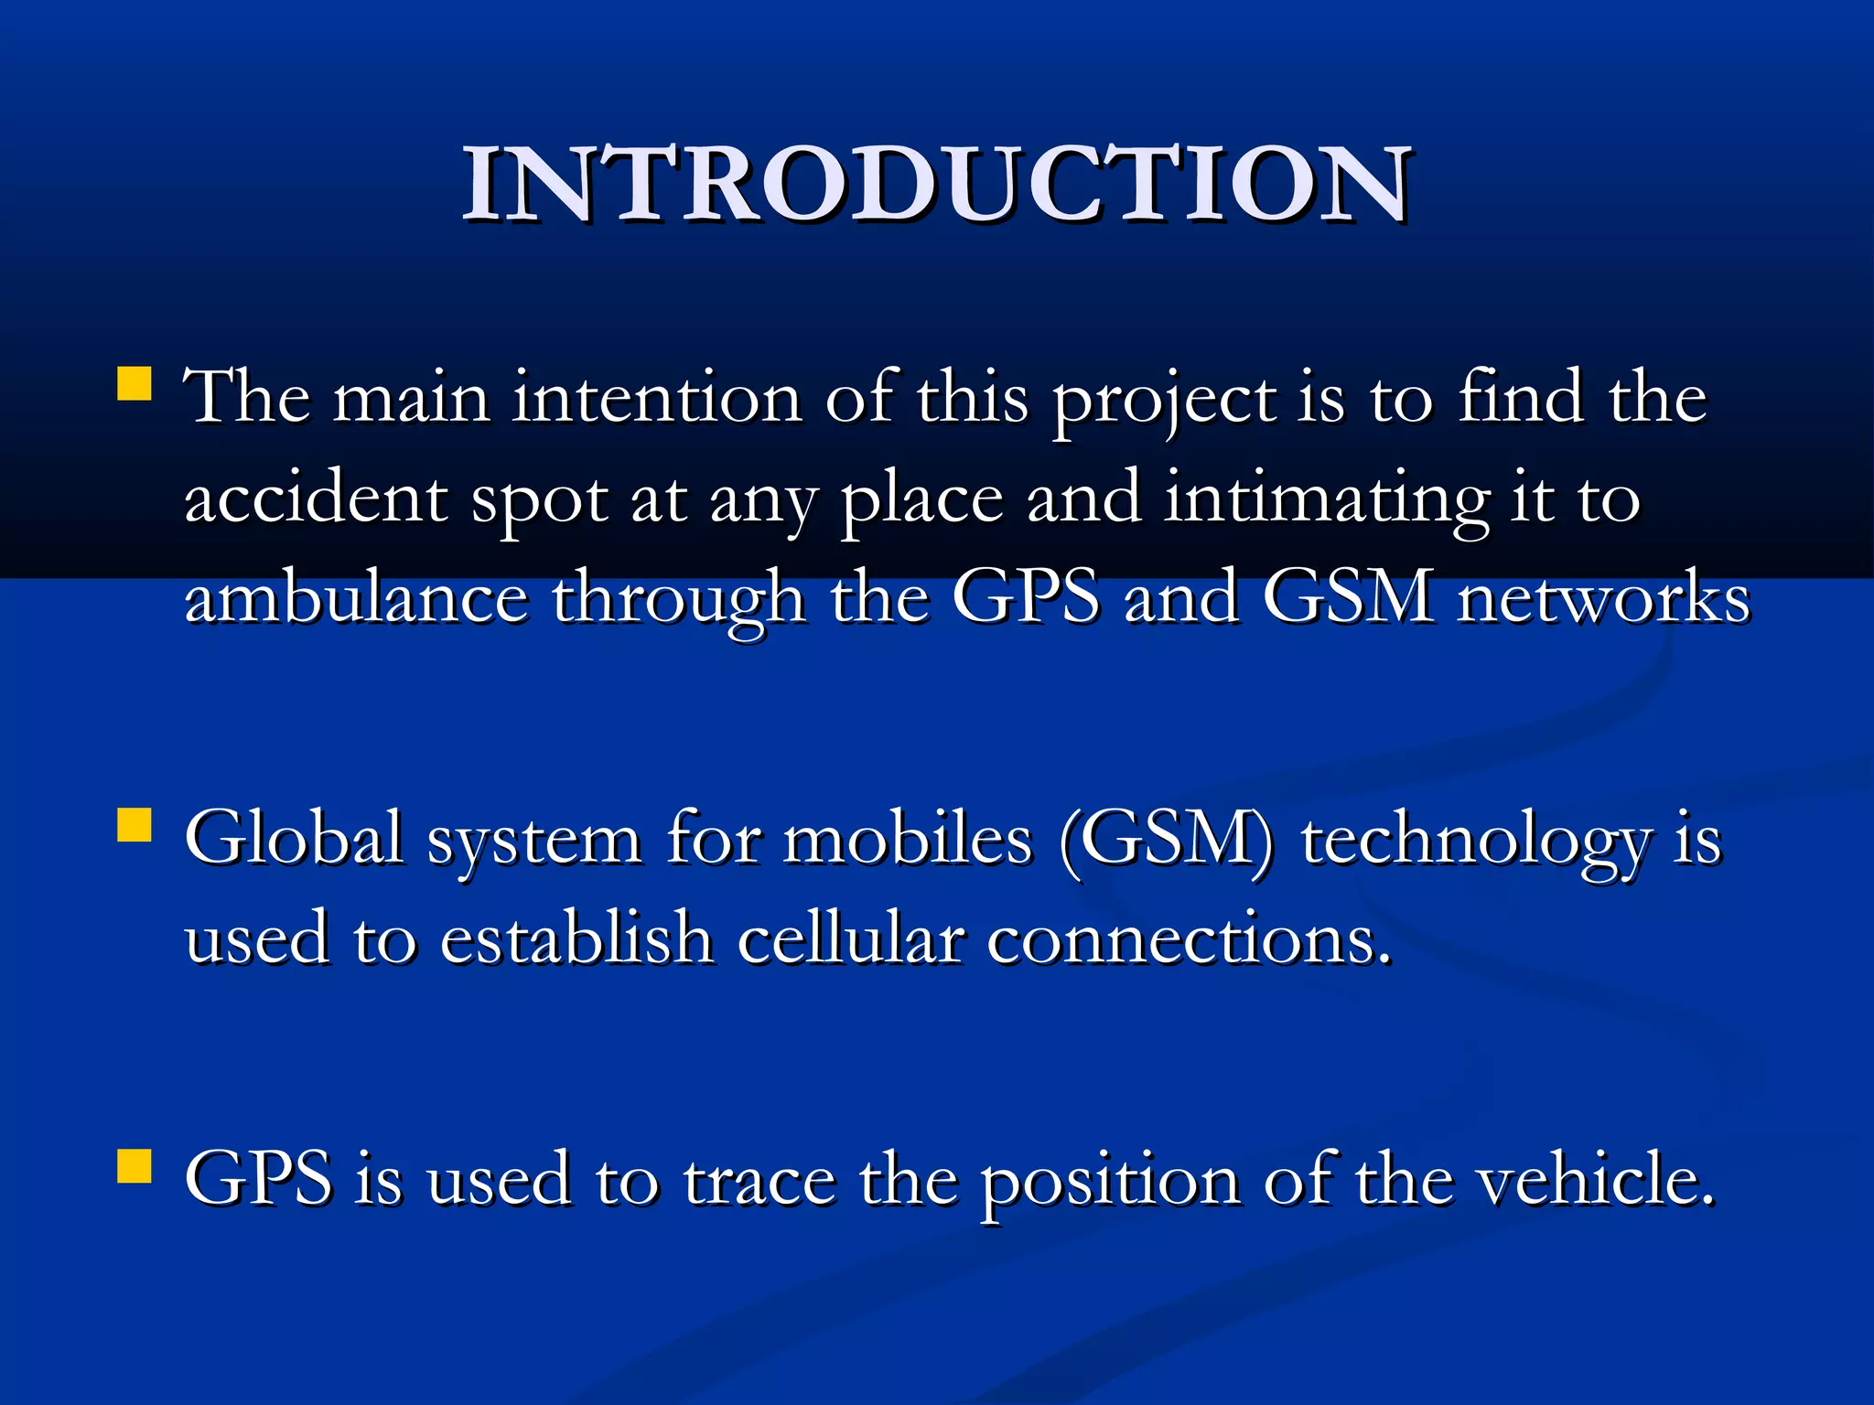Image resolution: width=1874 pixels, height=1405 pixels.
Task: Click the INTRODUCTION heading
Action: [937, 185]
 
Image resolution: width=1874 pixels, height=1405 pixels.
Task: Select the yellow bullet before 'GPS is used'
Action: [135, 1166]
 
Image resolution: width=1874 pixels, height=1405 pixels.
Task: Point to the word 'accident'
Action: [315, 500]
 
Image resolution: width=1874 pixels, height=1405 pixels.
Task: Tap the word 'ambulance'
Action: [357, 599]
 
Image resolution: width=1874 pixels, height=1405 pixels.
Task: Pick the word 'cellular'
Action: [850, 940]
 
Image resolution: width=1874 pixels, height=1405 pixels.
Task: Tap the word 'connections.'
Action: [1190, 940]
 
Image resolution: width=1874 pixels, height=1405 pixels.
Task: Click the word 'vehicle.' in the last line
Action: [1597, 1180]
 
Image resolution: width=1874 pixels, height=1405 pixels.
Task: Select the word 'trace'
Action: [759, 1180]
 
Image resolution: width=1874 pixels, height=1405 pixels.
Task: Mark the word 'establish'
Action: [576, 940]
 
